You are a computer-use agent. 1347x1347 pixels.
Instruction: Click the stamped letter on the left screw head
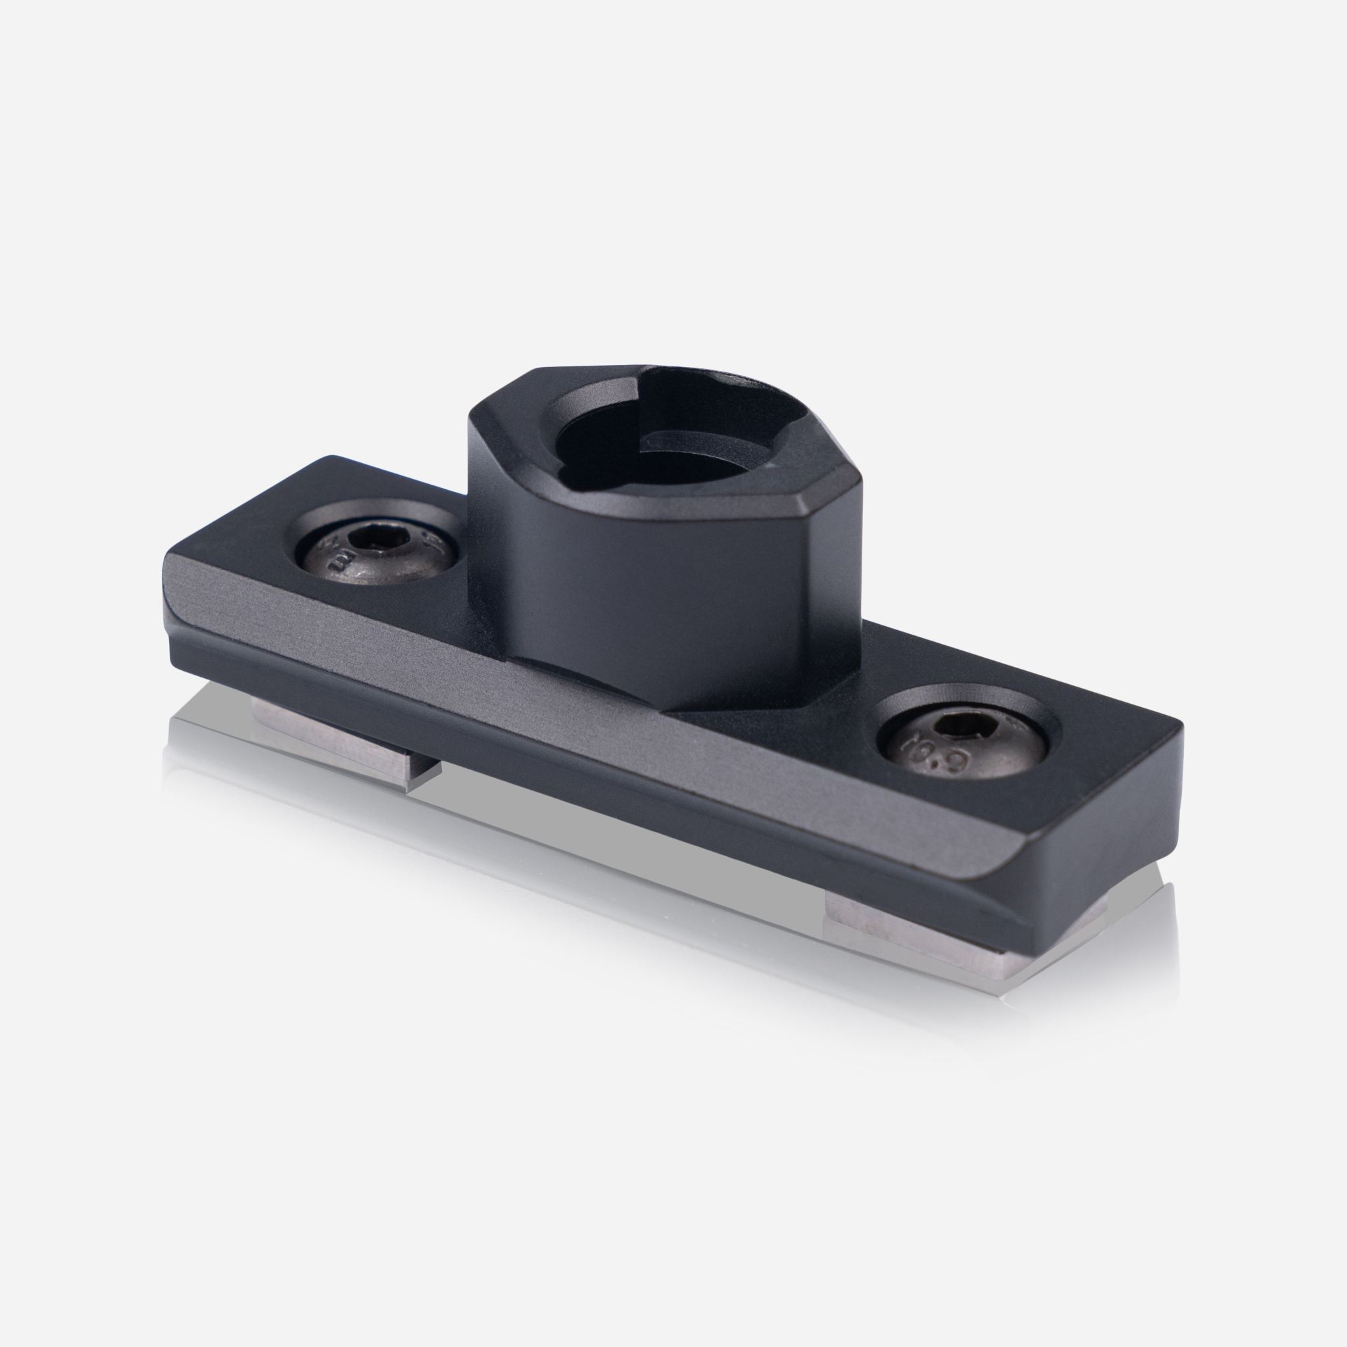click(x=342, y=560)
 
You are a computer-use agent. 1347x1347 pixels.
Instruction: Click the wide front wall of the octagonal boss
click(x=627, y=600)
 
